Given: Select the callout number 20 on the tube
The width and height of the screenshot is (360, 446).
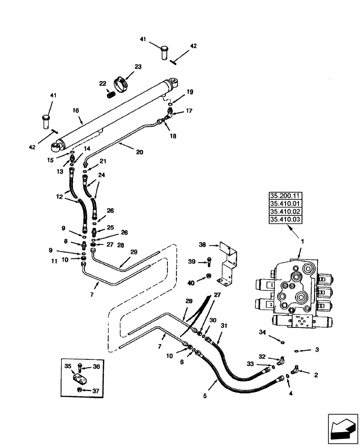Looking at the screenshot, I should point(139,152).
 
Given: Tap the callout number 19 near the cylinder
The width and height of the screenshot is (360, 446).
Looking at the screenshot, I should point(190,92).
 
